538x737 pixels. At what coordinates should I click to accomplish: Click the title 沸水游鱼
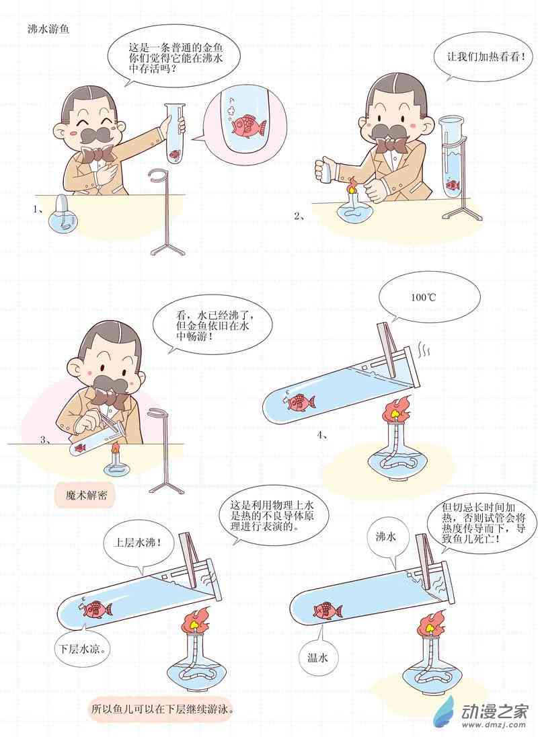48,29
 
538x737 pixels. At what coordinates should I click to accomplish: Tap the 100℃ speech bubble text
424,297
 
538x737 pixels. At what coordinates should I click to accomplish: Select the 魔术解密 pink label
86,495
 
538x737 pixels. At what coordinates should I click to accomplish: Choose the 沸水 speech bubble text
385,537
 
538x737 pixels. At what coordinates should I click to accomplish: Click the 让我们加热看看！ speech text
484,56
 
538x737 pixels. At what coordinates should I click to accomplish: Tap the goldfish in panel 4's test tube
299,402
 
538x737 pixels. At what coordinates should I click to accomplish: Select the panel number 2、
299,216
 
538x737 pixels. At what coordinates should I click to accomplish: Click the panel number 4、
322,435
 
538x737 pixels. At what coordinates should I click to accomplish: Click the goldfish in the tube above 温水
328,611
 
